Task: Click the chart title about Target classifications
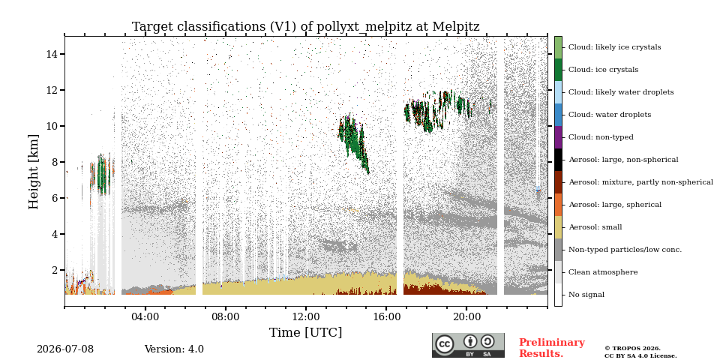click(x=306, y=27)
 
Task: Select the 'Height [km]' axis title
click(x=34, y=172)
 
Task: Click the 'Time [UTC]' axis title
click(x=306, y=332)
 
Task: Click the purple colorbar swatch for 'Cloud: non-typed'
click(x=558, y=137)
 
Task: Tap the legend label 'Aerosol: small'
click(x=595, y=227)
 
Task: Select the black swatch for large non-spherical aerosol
click(x=558, y=160)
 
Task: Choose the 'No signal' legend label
click(x=586, y=295)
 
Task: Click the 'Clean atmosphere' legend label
click(x=603, y=272)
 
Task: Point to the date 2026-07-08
click(x=65, y=349)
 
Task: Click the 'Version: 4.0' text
click(x=174, y=349)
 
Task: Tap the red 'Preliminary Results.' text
click(x=552, y=348)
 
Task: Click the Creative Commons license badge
click(x=468, y=345)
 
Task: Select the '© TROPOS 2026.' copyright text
click(x=632, y=349)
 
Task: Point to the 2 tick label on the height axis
click(x=55, y=270)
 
